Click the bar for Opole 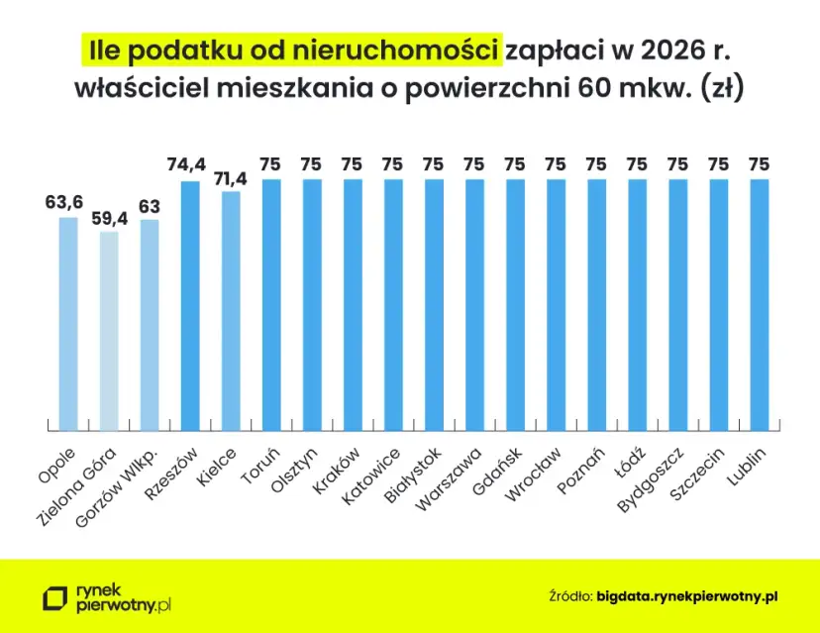(68, 323)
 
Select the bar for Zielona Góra (109, 330)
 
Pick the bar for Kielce (231, 310)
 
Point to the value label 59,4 (109, 217)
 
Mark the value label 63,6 (64, 202)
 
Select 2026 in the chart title (667, 50)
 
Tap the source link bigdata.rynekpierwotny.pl (687, 596)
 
